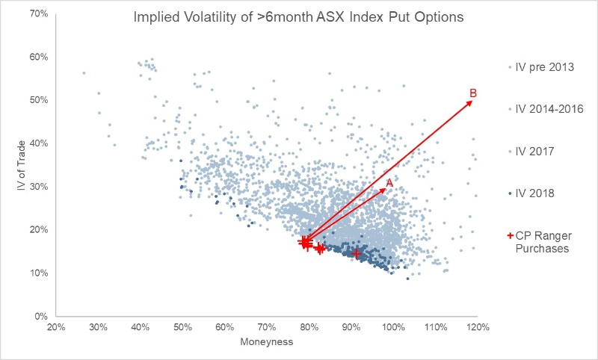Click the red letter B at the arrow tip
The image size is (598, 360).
(x=472, y=93)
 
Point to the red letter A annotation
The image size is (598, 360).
(x=389, y=181)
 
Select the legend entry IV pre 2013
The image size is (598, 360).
(x=544, y=67)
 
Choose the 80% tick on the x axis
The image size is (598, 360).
(x=309, y=327)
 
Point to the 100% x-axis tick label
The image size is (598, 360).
(x=393, y=327)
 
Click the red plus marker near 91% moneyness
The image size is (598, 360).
(x=356, y=254)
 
